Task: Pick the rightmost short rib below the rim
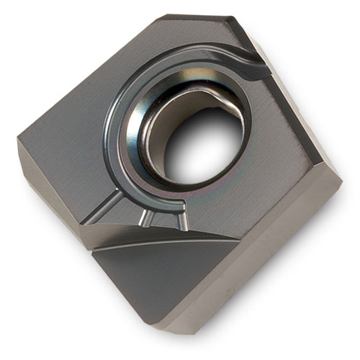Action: click(x=180, y=216)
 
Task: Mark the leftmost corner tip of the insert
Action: click(x=18, y=141)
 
